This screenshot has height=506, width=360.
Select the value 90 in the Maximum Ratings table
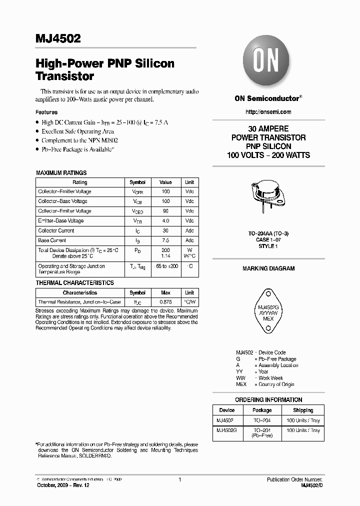click(x=165, y=211)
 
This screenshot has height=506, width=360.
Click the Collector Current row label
click(x=56, y=230)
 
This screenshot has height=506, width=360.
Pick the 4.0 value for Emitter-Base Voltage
click(x=165, y=220)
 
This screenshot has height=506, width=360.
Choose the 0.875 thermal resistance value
click(x=165, y=302)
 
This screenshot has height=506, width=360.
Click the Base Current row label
click(x=52, y=240)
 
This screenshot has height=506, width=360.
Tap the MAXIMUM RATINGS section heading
click(x=61, y=172)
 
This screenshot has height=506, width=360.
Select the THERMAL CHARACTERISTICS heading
click(x=75, y=282)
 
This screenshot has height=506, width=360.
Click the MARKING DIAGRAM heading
click(x=268, y=268)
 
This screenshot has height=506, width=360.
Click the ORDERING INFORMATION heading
click(x=268, y=399)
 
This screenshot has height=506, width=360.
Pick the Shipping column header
click(x=303, y=410)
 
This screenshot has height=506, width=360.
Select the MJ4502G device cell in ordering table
click(x=227, y=430)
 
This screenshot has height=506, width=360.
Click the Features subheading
click(x=46, y=112)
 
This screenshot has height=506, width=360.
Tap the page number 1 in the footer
click(x=179, y=479)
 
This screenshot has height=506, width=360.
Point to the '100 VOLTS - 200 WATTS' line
click(x=268, y=155)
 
